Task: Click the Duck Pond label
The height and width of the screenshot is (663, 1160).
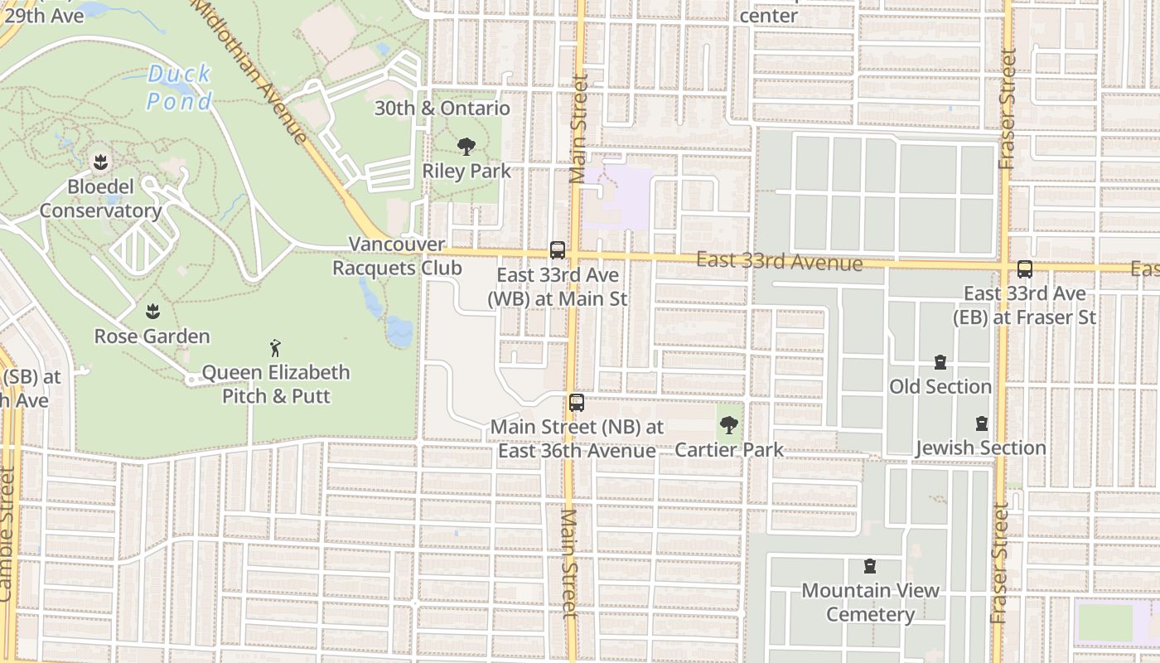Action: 180,87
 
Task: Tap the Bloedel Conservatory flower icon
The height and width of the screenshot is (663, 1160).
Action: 101,162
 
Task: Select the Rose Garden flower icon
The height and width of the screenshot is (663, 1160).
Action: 152,312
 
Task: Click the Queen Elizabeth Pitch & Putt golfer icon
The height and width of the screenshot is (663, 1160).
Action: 276,348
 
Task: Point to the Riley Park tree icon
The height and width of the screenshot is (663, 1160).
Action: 466,147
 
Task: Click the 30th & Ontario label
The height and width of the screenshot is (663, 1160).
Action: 442,109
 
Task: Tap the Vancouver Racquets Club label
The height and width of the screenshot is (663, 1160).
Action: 397,256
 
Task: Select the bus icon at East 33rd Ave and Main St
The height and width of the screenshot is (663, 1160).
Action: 558,249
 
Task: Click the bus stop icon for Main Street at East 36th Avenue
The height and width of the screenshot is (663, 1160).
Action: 577,403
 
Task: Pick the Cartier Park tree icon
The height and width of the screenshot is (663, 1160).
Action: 729,425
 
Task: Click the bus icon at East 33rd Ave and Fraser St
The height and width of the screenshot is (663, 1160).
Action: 1025,269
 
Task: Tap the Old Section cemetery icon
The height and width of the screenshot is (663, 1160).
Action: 940,362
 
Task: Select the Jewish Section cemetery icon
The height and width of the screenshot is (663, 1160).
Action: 982,423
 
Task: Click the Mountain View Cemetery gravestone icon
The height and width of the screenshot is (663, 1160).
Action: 870,566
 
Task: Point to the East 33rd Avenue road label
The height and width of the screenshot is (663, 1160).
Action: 779,262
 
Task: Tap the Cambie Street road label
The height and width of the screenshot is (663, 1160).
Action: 7,535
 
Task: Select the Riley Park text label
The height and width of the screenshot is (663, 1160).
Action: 466,172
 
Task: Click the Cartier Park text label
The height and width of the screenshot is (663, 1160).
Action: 729,450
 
